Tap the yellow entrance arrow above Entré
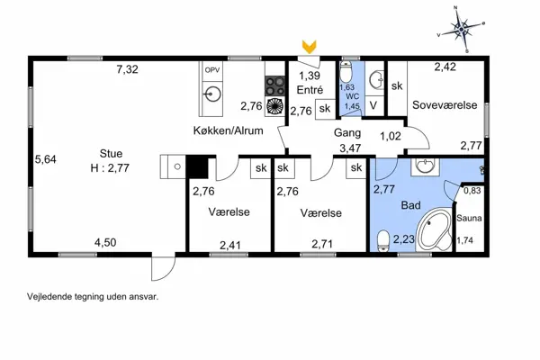click(310, 47)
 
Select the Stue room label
click(112, 153)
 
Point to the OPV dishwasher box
click(212, 69)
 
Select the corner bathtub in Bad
click(435, 229)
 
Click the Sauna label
click(469, 218)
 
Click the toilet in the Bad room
click(384, 239)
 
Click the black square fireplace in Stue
click(196, 168)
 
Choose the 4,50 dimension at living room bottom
click(106, 241)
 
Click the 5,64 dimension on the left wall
click(45, 159)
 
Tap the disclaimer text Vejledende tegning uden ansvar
click(94, 294)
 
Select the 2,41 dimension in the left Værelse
click(230, 242)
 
